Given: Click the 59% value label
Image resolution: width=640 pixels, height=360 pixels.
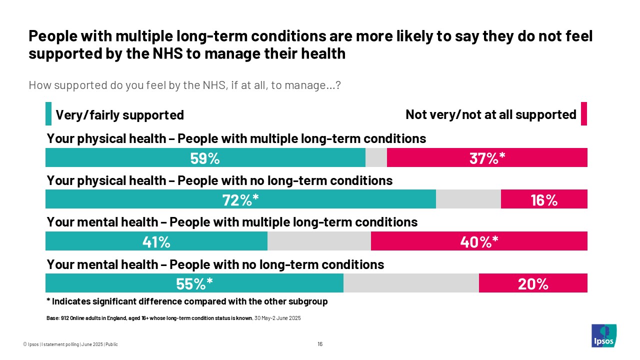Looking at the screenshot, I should (205, 158).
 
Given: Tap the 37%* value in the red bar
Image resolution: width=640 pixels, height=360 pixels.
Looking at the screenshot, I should (487, 158).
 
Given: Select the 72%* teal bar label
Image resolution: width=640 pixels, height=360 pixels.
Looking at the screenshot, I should (240, 200).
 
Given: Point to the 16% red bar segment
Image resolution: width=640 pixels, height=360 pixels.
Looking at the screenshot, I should (544, 200).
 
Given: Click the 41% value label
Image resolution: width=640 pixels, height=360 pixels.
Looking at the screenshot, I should (156, 242).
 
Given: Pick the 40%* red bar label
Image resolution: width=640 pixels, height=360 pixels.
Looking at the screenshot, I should (479, 242).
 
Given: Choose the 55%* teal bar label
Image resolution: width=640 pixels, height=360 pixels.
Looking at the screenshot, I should (194, 284).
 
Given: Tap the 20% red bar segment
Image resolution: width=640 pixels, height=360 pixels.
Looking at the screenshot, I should (533, 284).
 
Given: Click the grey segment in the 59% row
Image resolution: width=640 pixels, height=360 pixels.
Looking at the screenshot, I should (376, 157).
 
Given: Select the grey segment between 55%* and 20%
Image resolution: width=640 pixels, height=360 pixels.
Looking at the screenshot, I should (411, 283).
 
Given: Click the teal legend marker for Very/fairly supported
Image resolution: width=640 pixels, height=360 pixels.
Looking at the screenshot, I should (48, 114).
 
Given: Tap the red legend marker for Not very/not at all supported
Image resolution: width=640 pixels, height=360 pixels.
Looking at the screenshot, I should (583, 114).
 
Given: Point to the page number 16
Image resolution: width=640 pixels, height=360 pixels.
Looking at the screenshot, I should (320, 344).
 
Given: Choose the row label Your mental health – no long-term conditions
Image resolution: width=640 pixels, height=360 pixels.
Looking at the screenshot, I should (215, 264).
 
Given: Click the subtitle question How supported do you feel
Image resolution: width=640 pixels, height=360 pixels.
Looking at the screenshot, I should (184, 85).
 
